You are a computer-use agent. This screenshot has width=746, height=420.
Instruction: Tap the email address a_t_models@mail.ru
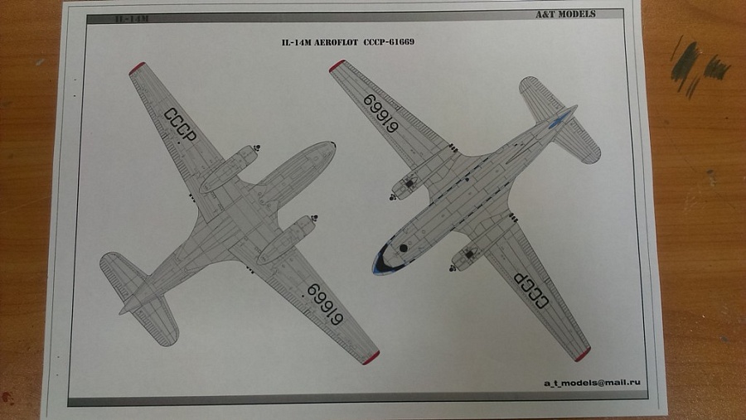click(593, 384)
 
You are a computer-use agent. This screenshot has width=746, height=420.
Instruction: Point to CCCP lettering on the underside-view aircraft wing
click(180, 125)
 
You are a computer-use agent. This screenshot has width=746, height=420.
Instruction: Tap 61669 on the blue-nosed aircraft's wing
click(381, 113)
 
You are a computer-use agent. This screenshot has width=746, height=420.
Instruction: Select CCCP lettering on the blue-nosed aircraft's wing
click(532, 290)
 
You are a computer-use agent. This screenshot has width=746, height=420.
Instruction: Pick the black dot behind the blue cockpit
click(404, 247)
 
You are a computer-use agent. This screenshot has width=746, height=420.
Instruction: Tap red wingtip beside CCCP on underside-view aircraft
click(137, 68)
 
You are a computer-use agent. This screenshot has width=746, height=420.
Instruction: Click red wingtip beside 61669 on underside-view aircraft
click(371, 358)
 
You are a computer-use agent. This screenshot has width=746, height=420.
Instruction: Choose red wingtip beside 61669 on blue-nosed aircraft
click(337, 65)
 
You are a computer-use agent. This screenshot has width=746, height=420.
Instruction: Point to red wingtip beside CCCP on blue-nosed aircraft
click(582, 355)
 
